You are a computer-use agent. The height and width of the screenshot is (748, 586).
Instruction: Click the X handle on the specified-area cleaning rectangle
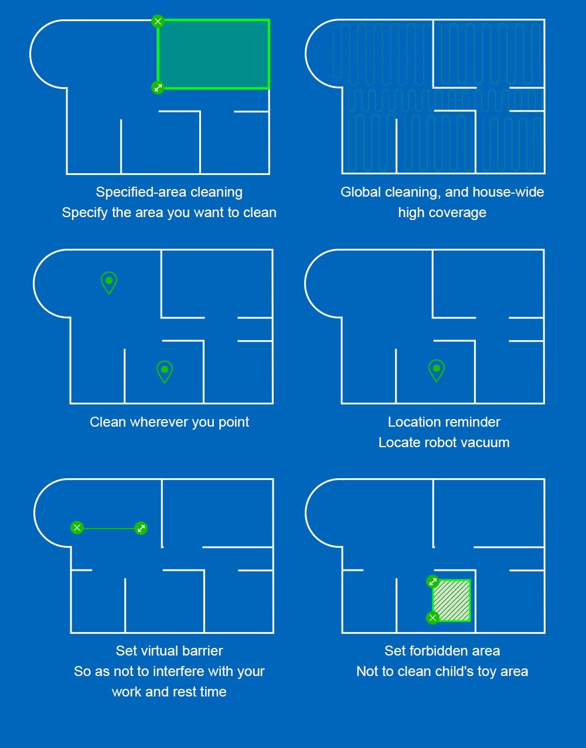click(158, 21)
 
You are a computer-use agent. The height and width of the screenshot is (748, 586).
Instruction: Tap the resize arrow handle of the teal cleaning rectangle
click(158, 87)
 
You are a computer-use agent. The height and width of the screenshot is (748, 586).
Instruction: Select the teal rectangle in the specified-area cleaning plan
click(213, 54)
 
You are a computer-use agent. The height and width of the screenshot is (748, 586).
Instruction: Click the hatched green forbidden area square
click(452, 601)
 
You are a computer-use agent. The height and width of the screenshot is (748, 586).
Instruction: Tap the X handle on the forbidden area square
click(432, 618)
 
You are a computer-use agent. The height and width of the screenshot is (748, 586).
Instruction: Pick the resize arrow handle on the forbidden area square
click(432, 582)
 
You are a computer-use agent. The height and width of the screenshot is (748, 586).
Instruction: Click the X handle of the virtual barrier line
click(77, 528)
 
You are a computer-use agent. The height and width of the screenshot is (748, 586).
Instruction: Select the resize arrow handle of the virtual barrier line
click(141, 529)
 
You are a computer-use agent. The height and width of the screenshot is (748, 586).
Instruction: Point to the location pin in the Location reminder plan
click(437, 370)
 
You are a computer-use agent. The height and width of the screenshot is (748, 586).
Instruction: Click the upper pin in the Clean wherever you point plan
click(109, 283)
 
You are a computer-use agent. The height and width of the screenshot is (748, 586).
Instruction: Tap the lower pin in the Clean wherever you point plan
click(165, 372)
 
